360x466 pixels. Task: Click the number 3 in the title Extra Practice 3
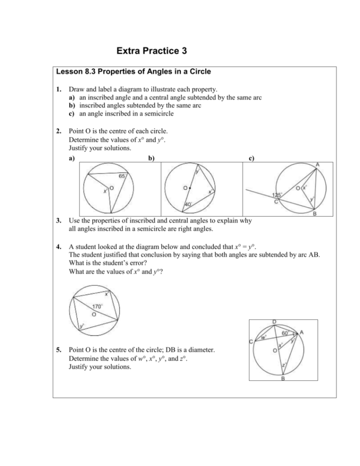[x=183, y=50]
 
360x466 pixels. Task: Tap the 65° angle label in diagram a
[x=122, y=176]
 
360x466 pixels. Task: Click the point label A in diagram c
[x=318, y=164]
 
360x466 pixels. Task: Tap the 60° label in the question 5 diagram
[x=285, y=332]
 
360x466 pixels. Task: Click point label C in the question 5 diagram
[x=251, y=341]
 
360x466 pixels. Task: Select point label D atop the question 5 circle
[x=274, y=321]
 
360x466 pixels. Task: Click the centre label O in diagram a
[x=111, y=189]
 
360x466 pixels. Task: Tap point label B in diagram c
[x=314, y=214]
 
